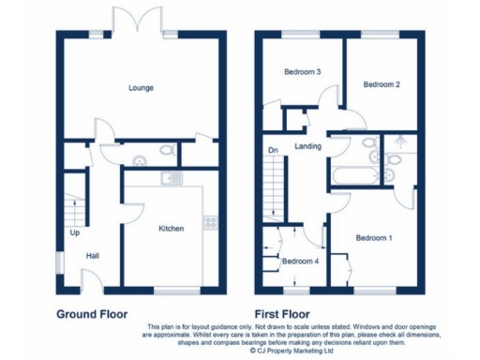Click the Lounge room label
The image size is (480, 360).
142,88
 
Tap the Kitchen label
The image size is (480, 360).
171,228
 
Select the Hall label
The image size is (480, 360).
93,255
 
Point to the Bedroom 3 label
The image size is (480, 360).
303,72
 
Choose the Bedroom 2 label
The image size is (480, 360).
382,84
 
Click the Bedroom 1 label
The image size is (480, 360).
373,238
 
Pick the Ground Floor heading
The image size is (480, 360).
92,314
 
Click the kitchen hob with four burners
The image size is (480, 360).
209,223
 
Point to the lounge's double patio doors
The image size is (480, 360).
132,21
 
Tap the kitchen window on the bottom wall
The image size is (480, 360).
172,288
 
